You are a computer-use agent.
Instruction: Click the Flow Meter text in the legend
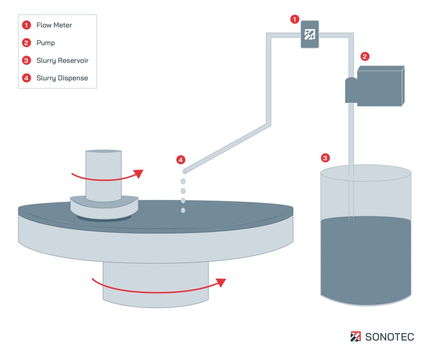pos(54,25)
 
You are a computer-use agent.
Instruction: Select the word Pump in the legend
pos(46,43)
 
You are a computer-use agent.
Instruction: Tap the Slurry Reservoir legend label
pos(62,60)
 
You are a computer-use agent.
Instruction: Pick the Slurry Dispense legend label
pos(62,78)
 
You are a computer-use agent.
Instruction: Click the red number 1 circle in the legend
pos(26,25)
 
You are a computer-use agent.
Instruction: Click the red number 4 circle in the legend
pos(26,78)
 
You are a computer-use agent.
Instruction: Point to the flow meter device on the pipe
pos(310,35)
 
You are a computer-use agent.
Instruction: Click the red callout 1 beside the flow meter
pos(295,19)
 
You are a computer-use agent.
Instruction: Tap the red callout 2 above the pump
pos(365,56)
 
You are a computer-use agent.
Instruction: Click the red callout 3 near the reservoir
pos(325,158)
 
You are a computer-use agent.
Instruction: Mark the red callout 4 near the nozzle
pos(181,159)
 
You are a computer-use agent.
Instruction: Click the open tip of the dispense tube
pos(184,171)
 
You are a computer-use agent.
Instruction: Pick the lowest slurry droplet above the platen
pos(183,210)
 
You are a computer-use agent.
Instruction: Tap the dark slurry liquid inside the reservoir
pos(365,259)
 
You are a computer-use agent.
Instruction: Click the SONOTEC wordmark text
pos(390,337)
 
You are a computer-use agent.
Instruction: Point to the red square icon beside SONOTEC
pos(355,337)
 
